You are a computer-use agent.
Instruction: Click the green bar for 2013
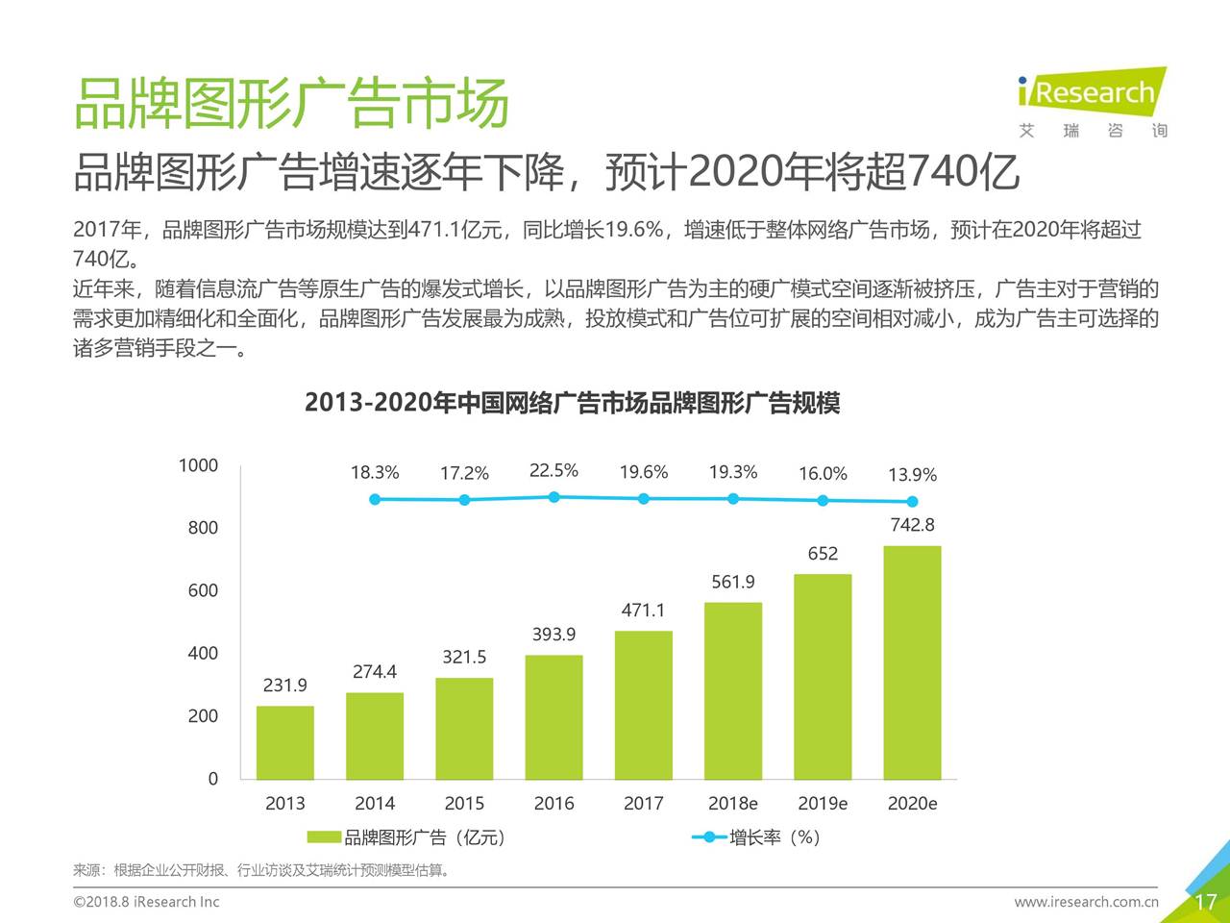click(x=284, y=742)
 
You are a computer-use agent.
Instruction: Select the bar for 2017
click(x=643, y=705)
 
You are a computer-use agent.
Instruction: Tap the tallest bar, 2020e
click(x=912, y=662)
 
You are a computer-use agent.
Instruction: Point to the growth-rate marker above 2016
click(x=554, y=497)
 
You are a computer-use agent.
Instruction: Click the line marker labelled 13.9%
click(x=912, y=501)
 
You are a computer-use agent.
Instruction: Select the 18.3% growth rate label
click(x=375, y=473)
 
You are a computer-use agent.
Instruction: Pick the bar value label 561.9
click(x=733, y=582)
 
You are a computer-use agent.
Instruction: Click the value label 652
click(x=823, y=554)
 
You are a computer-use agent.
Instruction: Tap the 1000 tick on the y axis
click(x=199, y=465)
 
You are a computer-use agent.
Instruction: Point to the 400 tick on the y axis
click(x=203, y=654)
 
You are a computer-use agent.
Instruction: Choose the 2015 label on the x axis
click(x=464, y=804)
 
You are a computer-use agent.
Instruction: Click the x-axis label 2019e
click(x=823, y=804)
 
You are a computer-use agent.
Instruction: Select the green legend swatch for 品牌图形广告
click(x=324, y=837)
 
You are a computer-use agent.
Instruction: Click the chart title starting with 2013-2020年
click(x=572, y=403)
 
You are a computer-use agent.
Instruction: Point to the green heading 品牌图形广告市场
click(x=291, y=103)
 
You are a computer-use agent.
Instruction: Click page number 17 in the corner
click(x=1205, y=902)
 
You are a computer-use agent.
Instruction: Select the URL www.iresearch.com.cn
click(x=1086, y=902)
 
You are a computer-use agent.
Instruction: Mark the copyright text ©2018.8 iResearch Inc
click(x=146, y=902)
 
